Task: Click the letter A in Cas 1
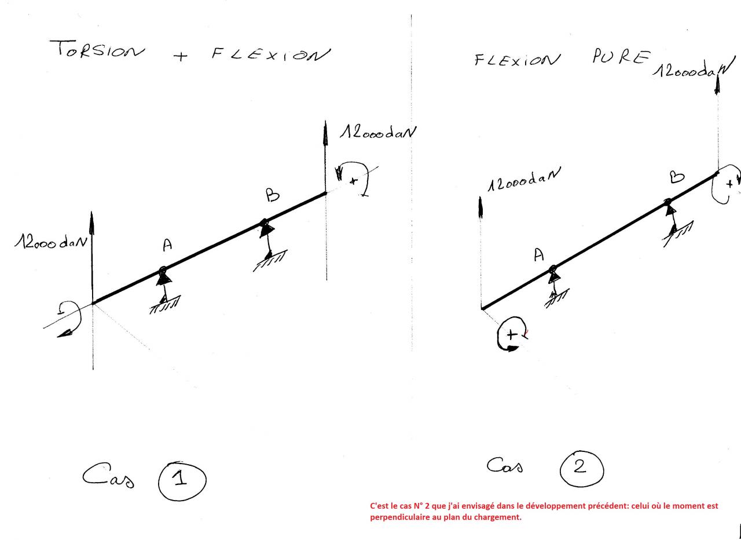coord(167,246)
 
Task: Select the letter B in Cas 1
coord(272,196)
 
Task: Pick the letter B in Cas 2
coord(677,177)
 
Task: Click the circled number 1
coord(181,479)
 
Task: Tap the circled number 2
coord(581,468)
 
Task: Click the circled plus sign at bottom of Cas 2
coord(512,335)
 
